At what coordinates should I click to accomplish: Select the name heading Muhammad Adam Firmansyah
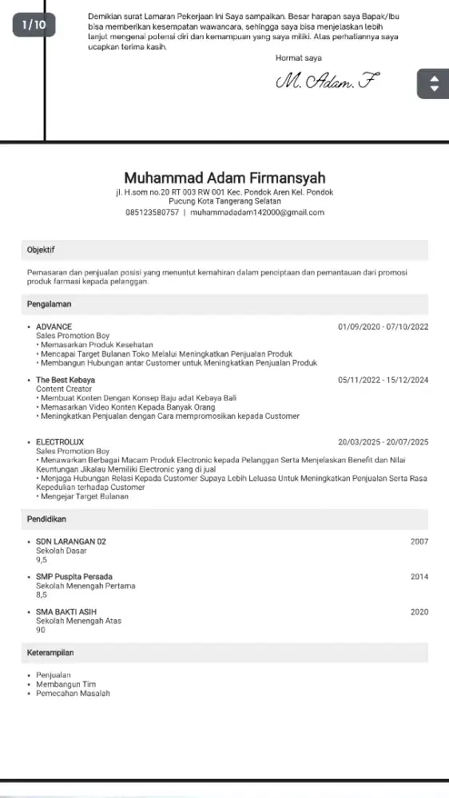224,178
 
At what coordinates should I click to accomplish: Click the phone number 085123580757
152,212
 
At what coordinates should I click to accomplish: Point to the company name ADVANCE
54,327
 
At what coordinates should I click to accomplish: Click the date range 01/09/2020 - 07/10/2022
383,327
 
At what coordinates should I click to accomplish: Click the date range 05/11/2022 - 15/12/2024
383,380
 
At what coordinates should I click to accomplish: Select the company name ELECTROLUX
60,442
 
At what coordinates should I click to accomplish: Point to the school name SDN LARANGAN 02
72,542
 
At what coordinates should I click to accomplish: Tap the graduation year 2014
419,577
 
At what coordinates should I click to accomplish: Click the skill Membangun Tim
66,684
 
